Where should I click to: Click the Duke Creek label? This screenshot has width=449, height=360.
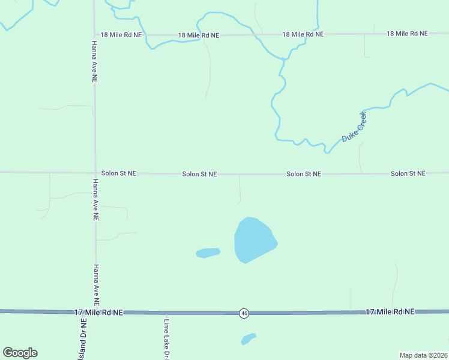354,127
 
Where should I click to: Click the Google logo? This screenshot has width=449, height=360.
20,353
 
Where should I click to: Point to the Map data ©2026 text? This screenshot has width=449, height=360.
423,355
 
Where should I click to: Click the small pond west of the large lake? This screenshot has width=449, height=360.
208,253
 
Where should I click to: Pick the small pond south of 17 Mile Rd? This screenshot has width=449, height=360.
248,339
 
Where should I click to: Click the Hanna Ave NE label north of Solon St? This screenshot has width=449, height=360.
94,62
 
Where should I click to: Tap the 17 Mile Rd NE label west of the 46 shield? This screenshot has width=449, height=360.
98,313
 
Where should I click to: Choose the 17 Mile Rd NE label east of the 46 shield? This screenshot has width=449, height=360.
390,312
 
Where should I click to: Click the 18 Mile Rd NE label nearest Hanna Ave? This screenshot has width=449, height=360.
121,35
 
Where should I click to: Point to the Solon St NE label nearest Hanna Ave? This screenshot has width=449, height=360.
118,173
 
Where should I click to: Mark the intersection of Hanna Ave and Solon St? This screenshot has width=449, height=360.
95,173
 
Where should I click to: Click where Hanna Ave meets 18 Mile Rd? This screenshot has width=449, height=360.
94,35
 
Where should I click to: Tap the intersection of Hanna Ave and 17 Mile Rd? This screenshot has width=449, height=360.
95,312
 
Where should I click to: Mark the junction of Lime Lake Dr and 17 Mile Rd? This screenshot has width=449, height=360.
166,313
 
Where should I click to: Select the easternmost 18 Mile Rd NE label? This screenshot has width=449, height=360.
407,34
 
